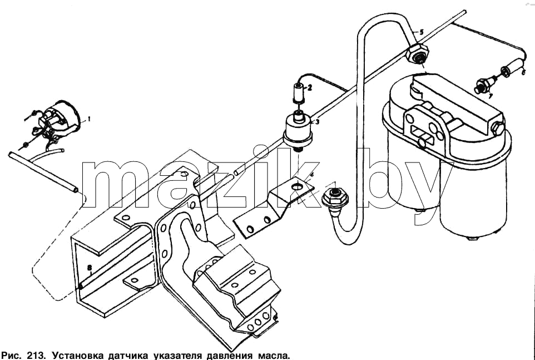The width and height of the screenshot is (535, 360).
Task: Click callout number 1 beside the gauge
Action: click(89, 119)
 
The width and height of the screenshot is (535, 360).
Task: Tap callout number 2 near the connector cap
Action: click(309, 88)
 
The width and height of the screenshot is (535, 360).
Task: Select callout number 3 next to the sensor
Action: click(317, 121)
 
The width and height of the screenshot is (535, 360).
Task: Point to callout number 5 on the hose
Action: click(422, 32)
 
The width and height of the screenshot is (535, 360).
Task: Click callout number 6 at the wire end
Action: click(523, 72)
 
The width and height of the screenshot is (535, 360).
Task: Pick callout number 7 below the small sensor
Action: click(490, 96)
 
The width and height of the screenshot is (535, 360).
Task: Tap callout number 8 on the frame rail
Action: click(90, 268)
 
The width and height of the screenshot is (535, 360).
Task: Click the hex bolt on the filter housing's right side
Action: click(497, 129)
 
